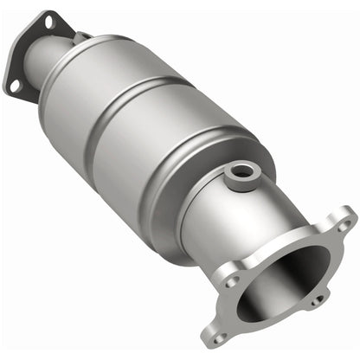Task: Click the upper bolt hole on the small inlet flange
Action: [47, 18]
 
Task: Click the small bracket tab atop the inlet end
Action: [81, 35]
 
